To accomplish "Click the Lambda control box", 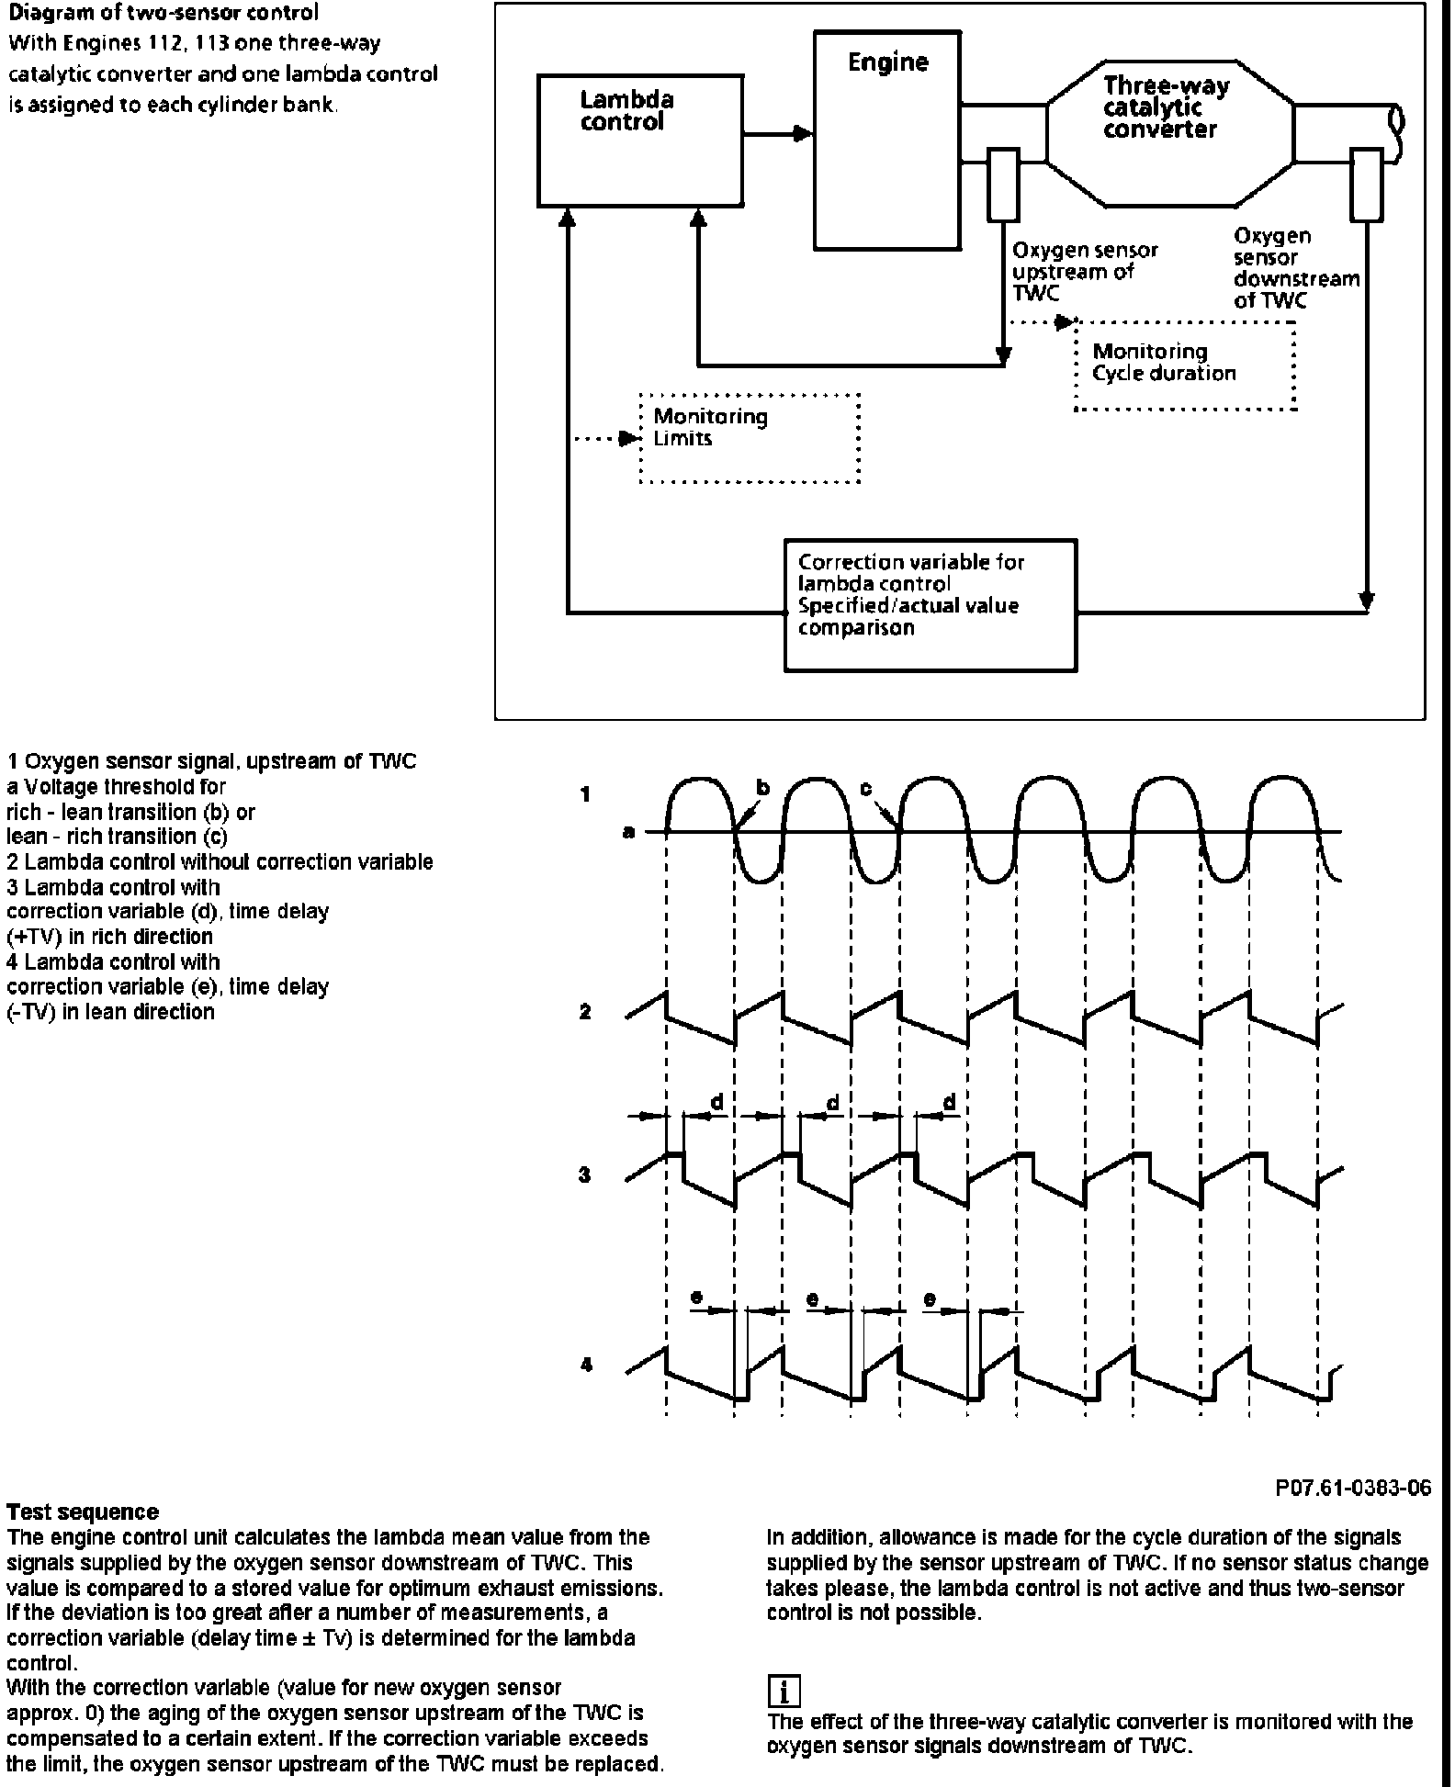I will pyautogui.click(x=640, y=140).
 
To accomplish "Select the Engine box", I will pyautogui.click(x=887, y=140).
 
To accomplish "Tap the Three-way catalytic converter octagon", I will pyautogui.click(x=1170, y=134).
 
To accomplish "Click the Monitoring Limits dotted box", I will pyautogui.click(x=750, y=438).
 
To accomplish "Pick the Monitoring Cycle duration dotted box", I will pyautogui.click(x=1185, y=365).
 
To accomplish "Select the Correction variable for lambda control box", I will pyautogui.click(x=930, y=605).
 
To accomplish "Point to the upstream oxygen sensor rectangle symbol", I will pyautogui.click(x=1003, y=185).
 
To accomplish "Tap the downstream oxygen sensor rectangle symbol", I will pyautogui.click(x=1367, y=185).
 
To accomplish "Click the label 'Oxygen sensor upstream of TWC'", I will pyautogui.click(x=1084, y=271).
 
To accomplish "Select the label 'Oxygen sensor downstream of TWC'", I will pyautogui.click(x=1295, y=268).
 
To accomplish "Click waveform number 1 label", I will pyautogui.click(x=585, y=794).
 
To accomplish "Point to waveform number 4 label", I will pyautogui.click(x=586, y=1365).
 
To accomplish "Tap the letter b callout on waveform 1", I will pyautogui.click(x=762, y=787).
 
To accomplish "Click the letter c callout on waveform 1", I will pyautogui.click(x=865, y=788).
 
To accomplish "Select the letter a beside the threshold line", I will pyautogui.click(x=628, y=833).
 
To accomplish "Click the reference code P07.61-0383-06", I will pyautogui.click(x=1352, y=1488).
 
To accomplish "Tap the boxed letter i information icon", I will pyautogui.click(x=784, y=1691).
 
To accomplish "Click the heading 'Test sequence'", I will pyautogui.click(x=83, y=1512).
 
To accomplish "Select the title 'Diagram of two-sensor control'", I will pyautogui.click(x=164, y=14).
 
